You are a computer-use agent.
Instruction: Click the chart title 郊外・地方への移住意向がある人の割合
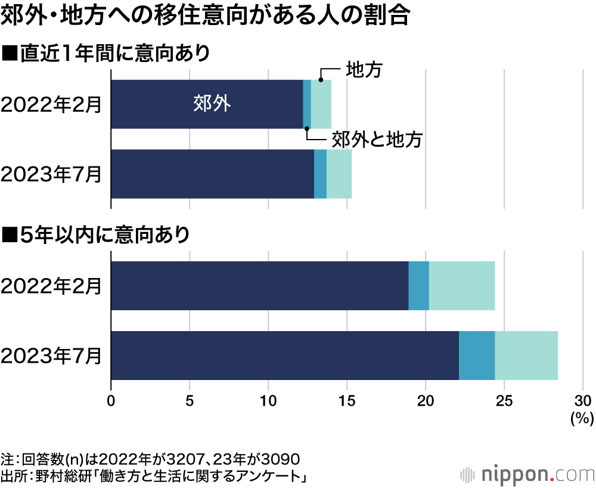206,16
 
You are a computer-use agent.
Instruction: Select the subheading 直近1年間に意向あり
107,53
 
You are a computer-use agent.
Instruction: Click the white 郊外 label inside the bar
212,104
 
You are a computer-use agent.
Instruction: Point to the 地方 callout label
364,70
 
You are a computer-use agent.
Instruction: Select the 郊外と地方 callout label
376,140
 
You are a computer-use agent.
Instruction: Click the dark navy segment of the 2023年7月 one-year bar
212,174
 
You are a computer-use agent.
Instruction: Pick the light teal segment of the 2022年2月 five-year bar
462,286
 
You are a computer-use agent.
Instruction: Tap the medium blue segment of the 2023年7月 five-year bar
477,356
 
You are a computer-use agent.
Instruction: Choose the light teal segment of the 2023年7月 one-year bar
339,174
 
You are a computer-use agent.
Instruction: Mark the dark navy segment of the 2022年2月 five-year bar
259,286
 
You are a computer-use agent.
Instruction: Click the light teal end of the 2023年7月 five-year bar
526,356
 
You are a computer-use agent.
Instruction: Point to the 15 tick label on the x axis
347,400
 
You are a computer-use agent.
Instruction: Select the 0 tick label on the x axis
111,400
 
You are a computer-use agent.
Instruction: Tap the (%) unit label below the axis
580,418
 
